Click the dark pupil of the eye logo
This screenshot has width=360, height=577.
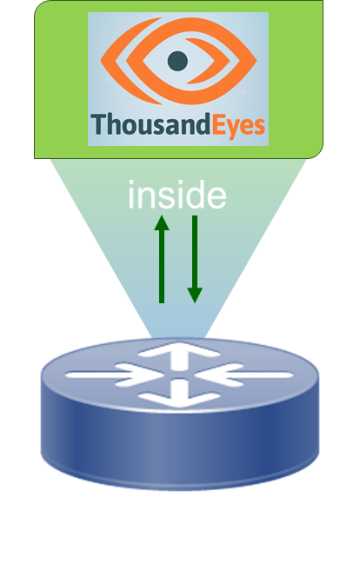[x=177, y=61]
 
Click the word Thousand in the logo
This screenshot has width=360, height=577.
[x=150, y=124]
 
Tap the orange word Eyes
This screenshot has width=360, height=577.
[x=238, y=127]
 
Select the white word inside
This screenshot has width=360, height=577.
[x=177, y=195]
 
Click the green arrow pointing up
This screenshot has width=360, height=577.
[x=162, y=259]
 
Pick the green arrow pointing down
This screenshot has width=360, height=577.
[x=195, y=259]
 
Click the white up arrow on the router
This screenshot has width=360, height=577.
[x=179, y=355]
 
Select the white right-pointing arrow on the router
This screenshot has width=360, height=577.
[x=115, y=375]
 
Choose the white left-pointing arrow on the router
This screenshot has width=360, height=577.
[x=243, y=375]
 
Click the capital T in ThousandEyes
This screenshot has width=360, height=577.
[x=99, y=124]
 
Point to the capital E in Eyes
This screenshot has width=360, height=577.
[x=218, y=124]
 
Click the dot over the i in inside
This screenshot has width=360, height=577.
[x=130, y=184]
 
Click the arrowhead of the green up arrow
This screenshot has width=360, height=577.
[x=162, y=223]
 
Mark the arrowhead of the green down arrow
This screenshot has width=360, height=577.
[x=195, y=295]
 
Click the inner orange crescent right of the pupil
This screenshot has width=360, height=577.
[x=202, y=61]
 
